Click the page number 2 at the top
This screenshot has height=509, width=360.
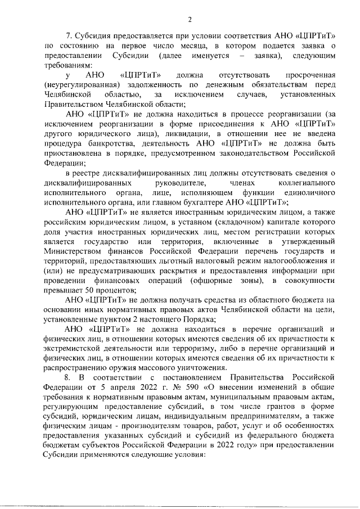coord(190,20)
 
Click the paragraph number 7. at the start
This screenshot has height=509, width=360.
coord(70,36)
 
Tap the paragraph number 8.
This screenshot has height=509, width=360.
coord(70,376)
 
